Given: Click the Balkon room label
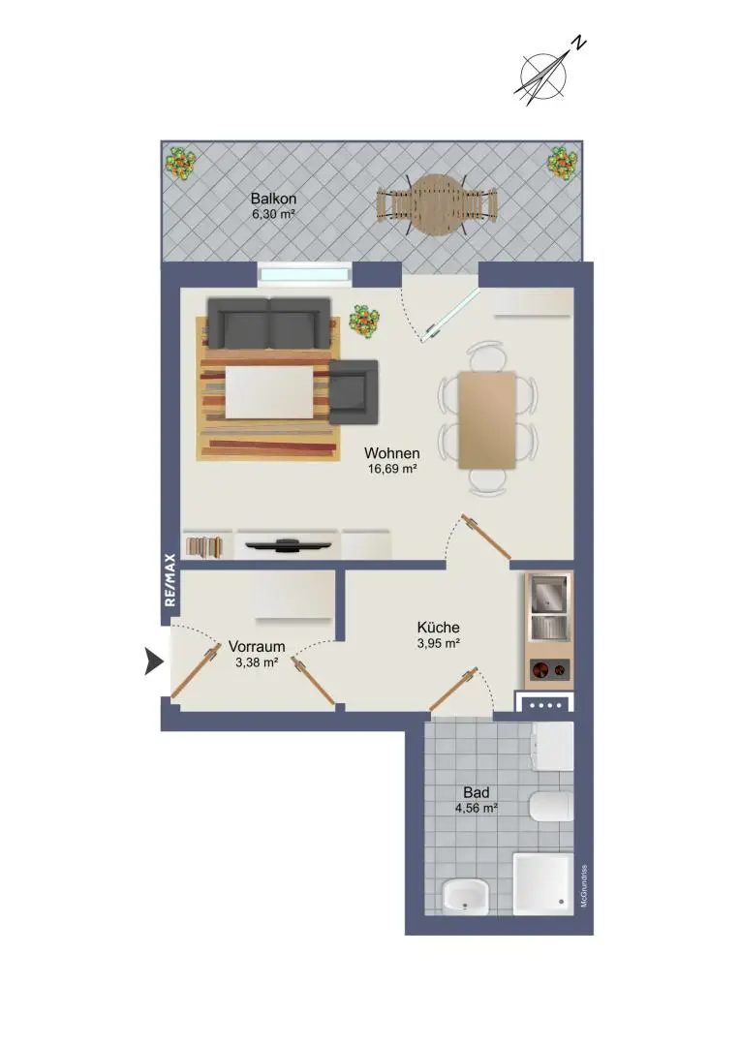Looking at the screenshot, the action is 273,199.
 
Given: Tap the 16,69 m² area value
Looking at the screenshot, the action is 392,469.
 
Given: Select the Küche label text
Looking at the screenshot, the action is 439,627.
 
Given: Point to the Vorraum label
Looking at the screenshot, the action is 257,646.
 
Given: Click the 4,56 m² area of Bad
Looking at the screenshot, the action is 477,809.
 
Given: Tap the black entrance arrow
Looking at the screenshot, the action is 154,661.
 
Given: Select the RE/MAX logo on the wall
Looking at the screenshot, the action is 170,580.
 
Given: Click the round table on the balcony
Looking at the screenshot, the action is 437,204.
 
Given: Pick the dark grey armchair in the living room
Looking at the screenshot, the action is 354,391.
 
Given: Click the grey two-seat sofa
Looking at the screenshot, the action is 269,323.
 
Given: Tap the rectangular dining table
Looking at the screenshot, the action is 487,419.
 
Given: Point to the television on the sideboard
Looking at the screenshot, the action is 289,545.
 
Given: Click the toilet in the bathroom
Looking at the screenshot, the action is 552,807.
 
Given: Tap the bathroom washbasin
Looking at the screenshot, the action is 465,896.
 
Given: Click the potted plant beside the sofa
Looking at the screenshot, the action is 364,321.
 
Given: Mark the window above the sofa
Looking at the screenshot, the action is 305,274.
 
